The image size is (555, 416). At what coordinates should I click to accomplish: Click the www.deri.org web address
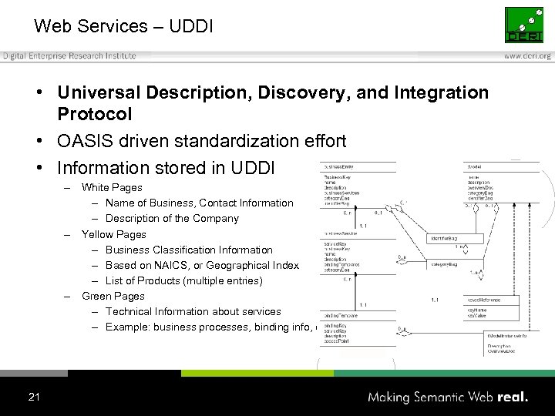528,55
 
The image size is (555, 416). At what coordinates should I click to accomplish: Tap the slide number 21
34,397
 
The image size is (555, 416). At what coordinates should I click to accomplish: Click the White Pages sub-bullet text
112,187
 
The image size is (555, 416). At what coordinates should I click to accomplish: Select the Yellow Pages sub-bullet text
113,234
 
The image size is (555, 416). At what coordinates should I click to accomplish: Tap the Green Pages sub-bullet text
113,296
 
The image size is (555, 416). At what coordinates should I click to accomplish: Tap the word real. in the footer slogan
512,397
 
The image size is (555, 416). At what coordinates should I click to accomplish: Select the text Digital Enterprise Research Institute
69,55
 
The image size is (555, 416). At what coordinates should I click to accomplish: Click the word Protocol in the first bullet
95,114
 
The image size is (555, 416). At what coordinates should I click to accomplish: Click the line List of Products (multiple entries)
183,280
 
